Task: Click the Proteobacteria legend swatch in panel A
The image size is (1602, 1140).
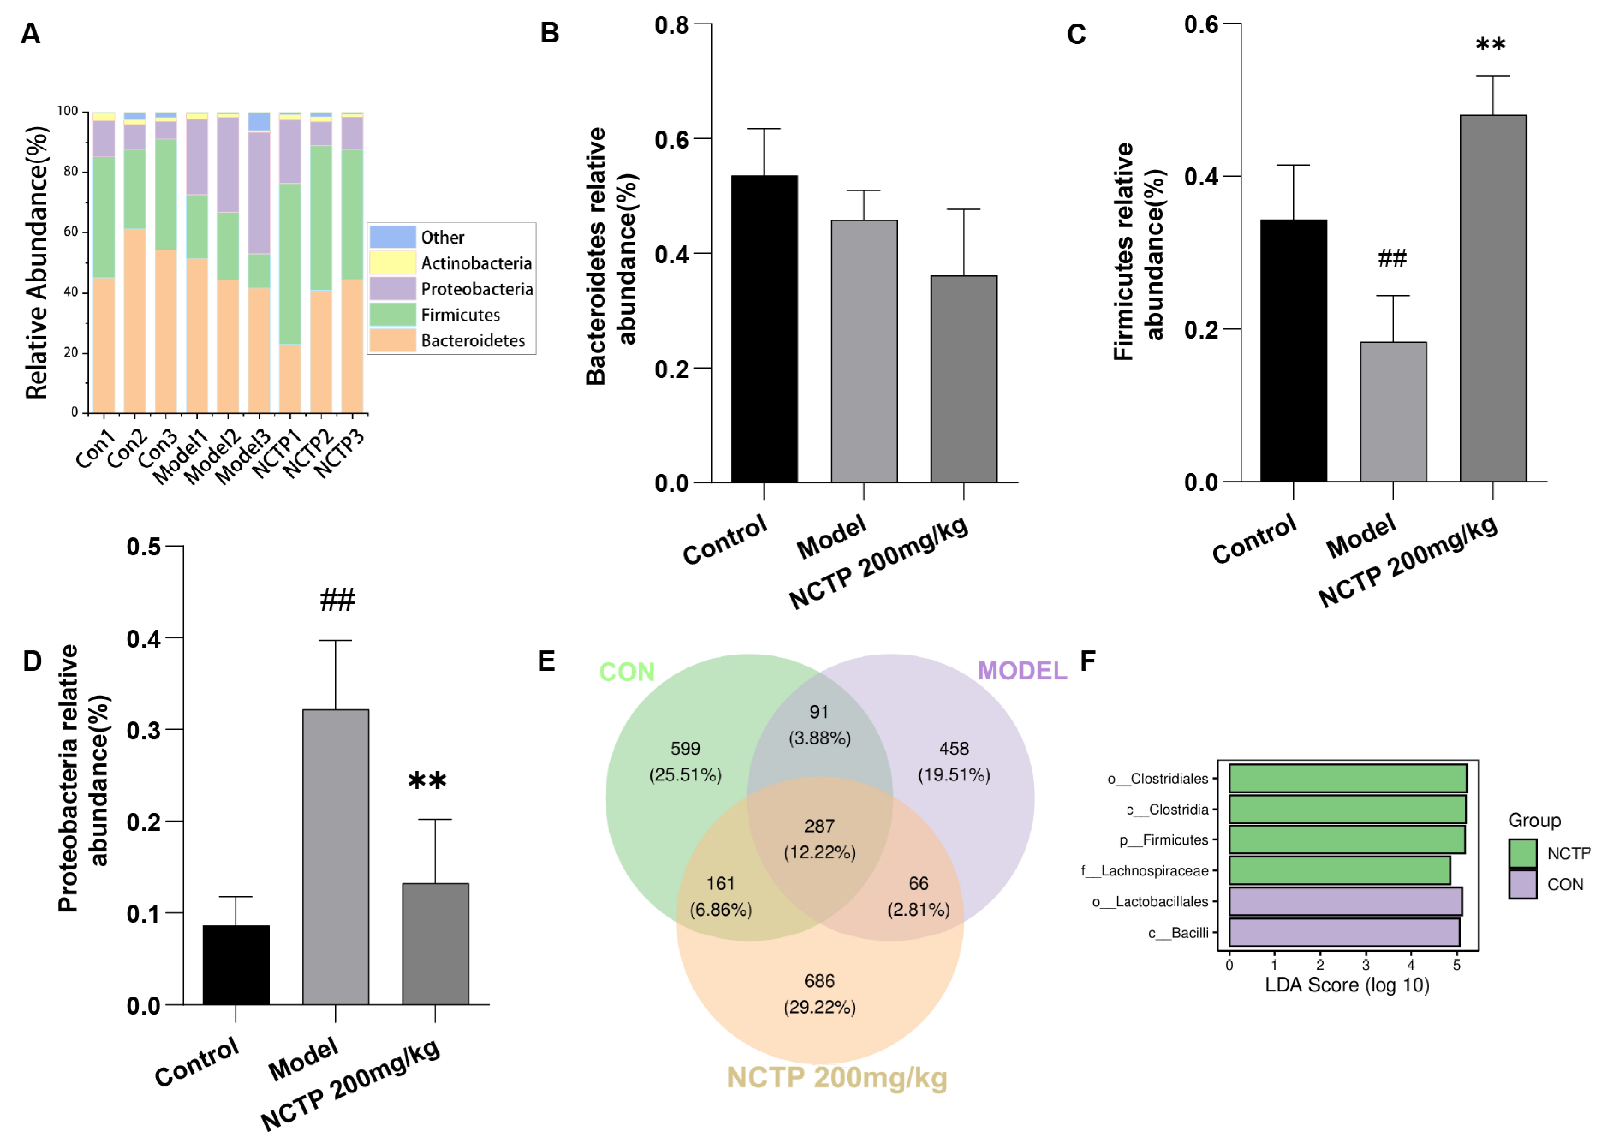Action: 392,289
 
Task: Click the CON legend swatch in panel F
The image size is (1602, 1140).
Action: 1522,884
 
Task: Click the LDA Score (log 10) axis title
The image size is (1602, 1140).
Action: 1346,985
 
